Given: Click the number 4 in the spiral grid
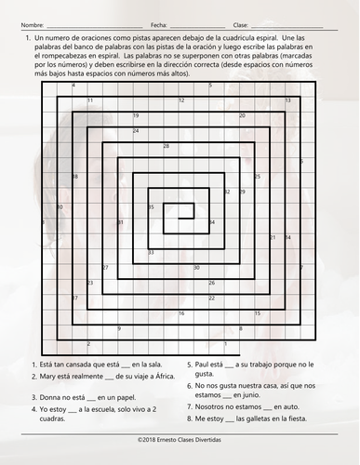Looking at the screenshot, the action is [73, 85].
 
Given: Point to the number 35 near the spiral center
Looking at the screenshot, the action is [151, 206].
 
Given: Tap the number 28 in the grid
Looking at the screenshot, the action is [166, 146].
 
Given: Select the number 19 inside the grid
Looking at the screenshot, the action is [136, 115].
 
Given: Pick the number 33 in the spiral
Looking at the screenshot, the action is [151, 252].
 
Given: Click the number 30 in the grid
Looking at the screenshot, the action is [196, 267].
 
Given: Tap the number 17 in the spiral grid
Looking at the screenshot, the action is [74, 298].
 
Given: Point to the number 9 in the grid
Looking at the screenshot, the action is [119, 327].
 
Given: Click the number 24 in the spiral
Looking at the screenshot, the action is [136, 130].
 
